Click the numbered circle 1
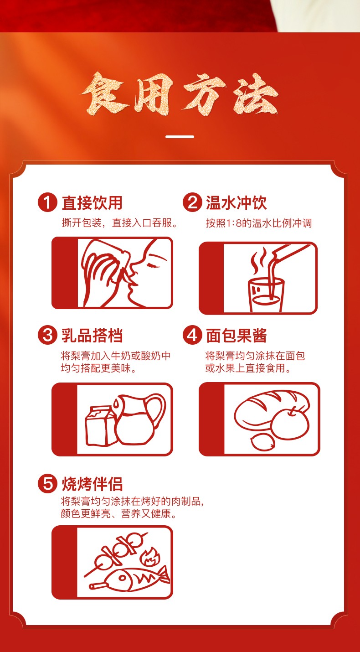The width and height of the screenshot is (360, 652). pyautogui.click(x=47, y=202)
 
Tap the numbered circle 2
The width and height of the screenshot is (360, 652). pyautogui.click(x=192, y=202)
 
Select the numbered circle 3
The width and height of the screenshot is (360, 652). pyautogui.click(x=47, y=335)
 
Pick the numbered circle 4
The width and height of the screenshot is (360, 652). pyautogui.click(x=192, y=335)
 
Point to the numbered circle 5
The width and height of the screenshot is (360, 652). pyautogui.click(x=47, y=483)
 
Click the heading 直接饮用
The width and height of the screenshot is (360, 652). pyautogui.click(x=92, y=202)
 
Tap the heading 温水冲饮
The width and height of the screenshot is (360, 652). pyautogui.click(x=237, y=202)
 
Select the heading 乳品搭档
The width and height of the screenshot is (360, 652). pyautogui.click(x=92, y=335)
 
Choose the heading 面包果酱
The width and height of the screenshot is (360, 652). pyautogui.click(x=237, y=335)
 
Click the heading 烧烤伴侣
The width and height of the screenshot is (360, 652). pyautogui.click(x=92, y=484)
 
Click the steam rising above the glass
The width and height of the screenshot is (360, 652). pyautogui.click(x=259, y=260)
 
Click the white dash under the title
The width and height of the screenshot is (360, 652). pyautogui.click(x=180, y=136)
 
